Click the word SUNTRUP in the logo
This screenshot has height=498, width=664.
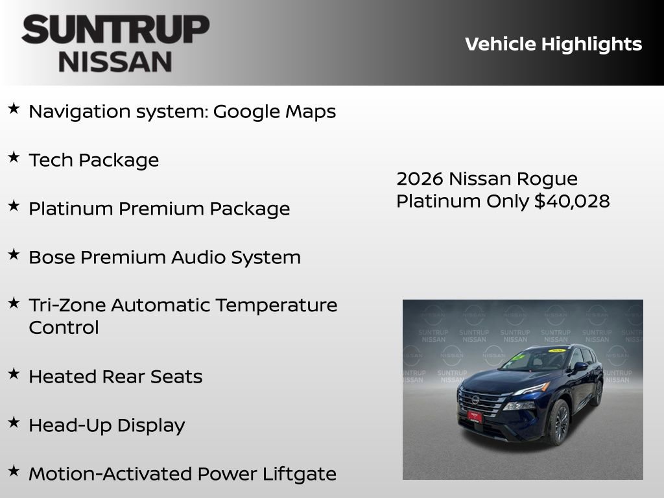[x=115, y=30]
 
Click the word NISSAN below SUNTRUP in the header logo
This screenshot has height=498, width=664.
[x=115, y=62]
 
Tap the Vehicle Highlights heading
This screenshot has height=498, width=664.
[x=553, y=44]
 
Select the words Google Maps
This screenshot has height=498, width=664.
[x=274, y=112]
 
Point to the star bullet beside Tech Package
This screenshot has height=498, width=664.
[x=14, y=158]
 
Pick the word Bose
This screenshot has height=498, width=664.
[x=51, y=257]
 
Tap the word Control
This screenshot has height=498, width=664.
[x=64, y=327]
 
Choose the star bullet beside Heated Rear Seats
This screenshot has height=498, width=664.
[x=14, y=373]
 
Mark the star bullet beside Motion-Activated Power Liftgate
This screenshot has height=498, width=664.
[x=14, y=471]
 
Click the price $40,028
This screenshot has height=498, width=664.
[x=572, y=201]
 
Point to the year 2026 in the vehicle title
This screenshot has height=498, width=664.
[x=419, y=178]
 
